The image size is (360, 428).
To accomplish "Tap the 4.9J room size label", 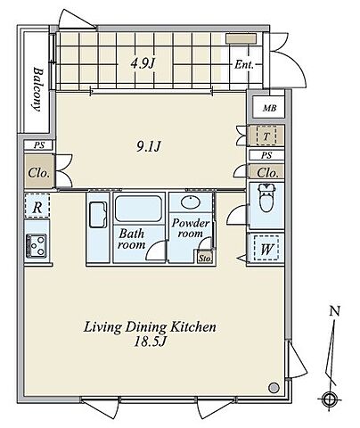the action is pos(143,63).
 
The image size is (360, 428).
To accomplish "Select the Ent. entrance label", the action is pos(244,64).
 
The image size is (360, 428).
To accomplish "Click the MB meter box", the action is pos(269,108).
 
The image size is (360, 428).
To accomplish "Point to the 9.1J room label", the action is pos(149,146).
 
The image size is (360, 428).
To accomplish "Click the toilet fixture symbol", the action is pos(266,197).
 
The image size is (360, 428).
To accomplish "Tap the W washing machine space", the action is pos(266,249).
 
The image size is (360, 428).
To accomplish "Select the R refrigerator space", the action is pos(37,207).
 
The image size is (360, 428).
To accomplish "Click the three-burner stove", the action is pos(37,245).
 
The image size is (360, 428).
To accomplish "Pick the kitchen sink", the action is pos(98,215).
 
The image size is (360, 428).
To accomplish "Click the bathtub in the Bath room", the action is pos(138,209).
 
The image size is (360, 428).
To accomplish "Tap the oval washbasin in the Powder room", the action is pos(190,202).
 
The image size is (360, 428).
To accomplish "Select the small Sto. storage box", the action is pos(206,258).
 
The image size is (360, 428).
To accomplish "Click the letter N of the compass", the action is pos(335,311).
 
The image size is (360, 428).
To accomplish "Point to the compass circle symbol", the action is pos(328,399).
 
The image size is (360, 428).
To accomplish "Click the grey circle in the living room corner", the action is pos(274,387).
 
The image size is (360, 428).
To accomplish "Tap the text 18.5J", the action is pos(150,342).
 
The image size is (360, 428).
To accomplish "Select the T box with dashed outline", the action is pos(266,136).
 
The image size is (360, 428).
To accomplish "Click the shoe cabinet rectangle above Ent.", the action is pos(241,38).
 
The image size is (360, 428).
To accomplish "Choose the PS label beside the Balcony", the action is pos(38,145).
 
